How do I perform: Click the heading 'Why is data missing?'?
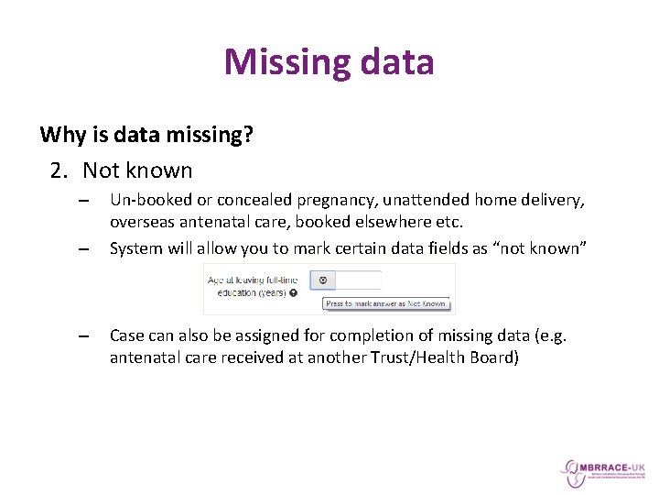146,136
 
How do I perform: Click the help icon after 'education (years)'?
293,293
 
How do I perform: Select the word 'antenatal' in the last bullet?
146,357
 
